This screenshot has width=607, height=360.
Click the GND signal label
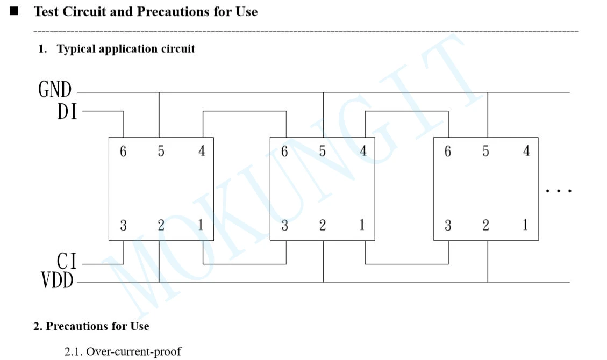click(55, 89)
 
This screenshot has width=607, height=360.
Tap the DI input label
click(67, 112)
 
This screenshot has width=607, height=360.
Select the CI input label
click(67, 262)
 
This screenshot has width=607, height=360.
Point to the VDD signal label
click(57, 280)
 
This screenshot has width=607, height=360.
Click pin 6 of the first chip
click(124, 152)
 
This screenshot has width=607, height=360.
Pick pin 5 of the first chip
click(161, 152)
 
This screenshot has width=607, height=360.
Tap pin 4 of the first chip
click(202, 152)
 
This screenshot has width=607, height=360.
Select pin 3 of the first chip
click(124, 226)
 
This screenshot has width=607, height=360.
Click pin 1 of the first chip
click(201, 226)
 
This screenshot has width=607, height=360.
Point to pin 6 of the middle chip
click(285, 152)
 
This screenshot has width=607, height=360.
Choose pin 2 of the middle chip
click(323, 226)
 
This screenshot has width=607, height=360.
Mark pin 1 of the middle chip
click(362, 226)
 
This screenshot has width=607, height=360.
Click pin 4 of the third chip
click(526, 152)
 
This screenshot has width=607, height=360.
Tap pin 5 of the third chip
click(485, 152)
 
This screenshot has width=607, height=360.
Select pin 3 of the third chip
click(448, 226)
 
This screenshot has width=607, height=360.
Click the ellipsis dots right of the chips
click(558, 191)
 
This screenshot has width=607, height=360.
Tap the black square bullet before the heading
click(15, 11)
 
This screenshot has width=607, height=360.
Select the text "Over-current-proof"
click(133, 352)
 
